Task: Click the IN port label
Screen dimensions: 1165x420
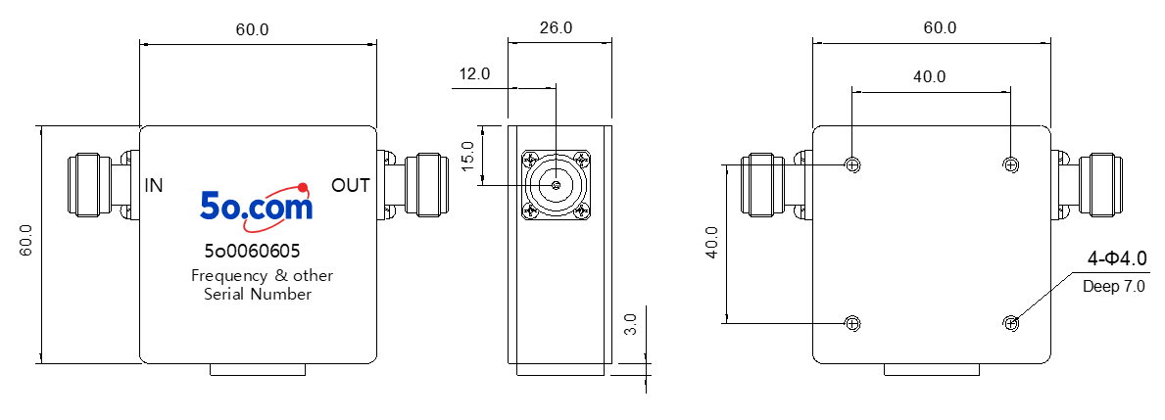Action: pos(154,185)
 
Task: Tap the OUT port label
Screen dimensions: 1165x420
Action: pos(351,185)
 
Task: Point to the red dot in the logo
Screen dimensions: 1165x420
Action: pos(303,187)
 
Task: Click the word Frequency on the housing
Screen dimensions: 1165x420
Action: pos(229,276)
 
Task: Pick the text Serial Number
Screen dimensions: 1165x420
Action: pos(258,295)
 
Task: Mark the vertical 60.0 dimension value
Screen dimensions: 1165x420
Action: pos(26,241)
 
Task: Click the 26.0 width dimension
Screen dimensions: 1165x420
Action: pos(556,28)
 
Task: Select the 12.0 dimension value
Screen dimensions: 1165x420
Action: pos(474,73)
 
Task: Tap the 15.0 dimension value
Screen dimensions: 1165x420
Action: pos(467,155)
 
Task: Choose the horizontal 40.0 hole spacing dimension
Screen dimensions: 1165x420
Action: pos(929,76)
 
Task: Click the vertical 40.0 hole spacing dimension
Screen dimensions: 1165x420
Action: pos(712,243)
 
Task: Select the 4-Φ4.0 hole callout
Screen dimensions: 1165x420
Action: pos(1117,258)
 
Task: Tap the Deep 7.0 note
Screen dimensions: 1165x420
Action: pos(1113,286)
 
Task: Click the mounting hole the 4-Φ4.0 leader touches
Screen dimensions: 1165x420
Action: pos(1010,323)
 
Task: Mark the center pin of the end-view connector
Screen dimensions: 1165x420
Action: pos(555,185)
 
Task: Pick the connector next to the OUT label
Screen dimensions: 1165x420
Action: pos(413,185)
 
